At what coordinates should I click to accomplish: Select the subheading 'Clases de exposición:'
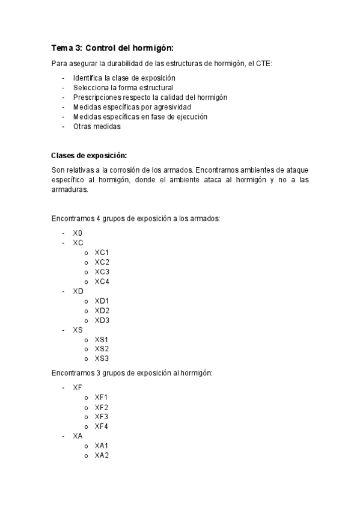(x=89, y=155)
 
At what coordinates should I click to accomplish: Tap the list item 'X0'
(x=78, y=233)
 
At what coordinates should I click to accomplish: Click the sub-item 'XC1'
(x=102, y=253)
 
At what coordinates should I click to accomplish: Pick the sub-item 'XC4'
(x=102, y=281)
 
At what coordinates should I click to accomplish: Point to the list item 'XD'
(x=78, y=291)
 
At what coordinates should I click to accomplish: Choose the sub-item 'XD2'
(x=102, y=310)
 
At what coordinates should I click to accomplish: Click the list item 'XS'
(x=78, y=330)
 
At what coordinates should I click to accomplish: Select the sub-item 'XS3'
(x=102, y=358)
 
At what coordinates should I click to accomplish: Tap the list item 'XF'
(x=78, y=388)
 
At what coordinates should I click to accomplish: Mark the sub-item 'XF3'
(x=102, y=417)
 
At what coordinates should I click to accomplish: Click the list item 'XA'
(x=78, y=436)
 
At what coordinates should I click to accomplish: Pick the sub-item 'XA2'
(x=102, y=455)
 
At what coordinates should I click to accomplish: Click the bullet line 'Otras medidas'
(x=97, y=126)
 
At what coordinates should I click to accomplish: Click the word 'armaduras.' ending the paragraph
(x=70, y=189)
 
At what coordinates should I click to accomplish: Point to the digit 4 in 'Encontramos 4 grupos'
(x=98, y=218)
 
